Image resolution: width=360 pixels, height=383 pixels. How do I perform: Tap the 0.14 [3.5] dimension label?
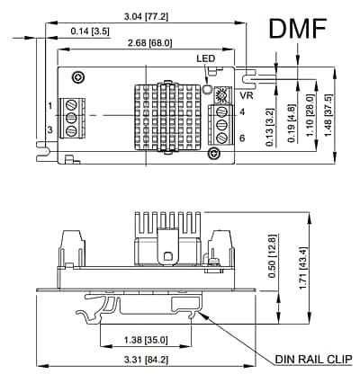(x=88, y=32)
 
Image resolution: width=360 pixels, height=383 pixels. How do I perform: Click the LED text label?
(x=206, y=59)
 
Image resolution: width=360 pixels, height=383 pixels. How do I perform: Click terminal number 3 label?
(x=50, y=131)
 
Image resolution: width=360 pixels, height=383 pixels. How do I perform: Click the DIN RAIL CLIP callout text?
(x=312, y=359)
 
